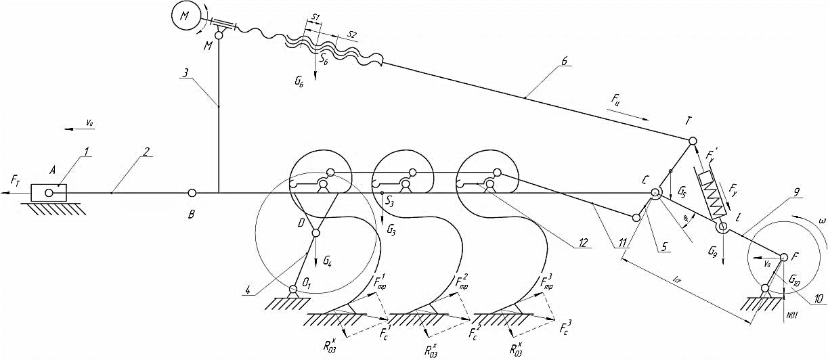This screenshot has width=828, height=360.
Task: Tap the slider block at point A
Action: point(49,193)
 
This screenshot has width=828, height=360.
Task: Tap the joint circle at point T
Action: point(693,141)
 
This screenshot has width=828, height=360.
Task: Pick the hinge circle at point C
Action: point(655,194)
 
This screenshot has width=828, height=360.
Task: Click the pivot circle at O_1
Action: point(293,290)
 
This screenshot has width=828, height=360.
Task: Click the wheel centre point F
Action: point(784,257)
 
